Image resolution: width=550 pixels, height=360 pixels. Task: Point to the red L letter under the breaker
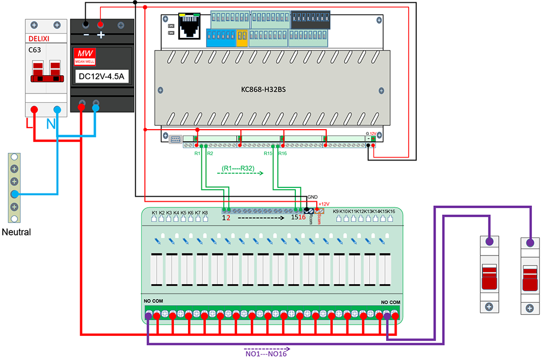[x=29, y=124]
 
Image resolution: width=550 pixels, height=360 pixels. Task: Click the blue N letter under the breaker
[x=51, y=125]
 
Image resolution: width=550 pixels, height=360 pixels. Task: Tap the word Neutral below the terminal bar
[x=16, y=232]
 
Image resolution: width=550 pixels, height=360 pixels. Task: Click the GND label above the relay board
[x=312, y=197]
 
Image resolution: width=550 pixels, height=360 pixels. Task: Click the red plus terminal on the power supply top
[x=101, y=25]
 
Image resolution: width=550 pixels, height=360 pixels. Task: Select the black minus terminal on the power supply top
[x=86, y=25]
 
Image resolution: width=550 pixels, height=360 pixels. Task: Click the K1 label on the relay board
[x=155, y=212]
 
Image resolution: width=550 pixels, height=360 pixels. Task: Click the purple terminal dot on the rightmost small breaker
[x=530, y=242]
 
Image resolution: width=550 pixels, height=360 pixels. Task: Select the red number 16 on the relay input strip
[x=302, y=218]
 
